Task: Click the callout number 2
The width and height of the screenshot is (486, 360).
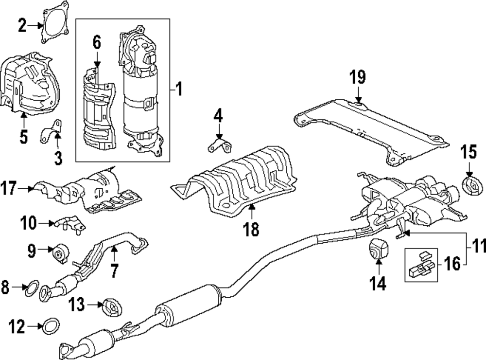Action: coord(22,25)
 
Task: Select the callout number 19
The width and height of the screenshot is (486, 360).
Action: coord(358,77)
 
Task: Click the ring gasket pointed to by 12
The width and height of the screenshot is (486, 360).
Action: coord(51,326)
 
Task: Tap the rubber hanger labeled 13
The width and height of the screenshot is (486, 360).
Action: coord(112,307)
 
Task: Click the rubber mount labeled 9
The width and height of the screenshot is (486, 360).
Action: coord(61,253)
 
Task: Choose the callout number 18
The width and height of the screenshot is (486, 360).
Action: coord(251,230)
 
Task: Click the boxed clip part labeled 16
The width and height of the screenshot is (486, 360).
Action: coord(421,265)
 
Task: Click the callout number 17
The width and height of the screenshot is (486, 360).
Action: coord(8,188)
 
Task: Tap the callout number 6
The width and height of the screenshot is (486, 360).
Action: coord(97,42)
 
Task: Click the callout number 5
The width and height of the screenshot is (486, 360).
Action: coord(23,136)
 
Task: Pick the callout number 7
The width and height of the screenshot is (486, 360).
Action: coord(115,271)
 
